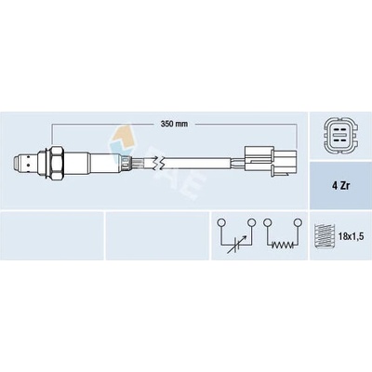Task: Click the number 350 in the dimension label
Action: pyautogui.click(x=167, y=124)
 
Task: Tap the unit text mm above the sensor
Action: pyautogui.click(x=182, y=125)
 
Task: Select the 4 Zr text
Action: pyautogui.click(x=340, y=186)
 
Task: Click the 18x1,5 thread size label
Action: pyautogui.click(x=350, y=237)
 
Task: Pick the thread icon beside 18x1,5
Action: pyautogui.click(x=323, y=236)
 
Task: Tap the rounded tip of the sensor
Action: pyautogui.click(x=19, y=164)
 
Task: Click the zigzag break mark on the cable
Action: pyautogui.click(x=158, y=164)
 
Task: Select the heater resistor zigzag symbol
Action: pyautogui.click(x=283, y=246)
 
